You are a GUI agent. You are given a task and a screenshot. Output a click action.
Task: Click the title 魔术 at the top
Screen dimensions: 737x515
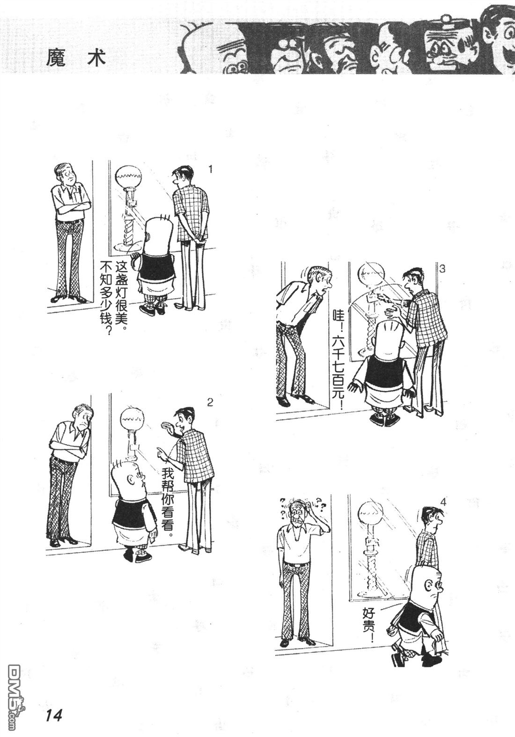pos(76,58)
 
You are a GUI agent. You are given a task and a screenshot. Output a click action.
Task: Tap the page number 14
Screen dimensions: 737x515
pos(54,715)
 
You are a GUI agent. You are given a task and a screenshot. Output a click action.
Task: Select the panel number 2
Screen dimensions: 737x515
pos(210,401)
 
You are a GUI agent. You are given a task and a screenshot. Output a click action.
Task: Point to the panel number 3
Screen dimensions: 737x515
pos(442,269)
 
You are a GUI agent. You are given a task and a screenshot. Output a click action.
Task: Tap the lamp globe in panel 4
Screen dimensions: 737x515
pos(370,513)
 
